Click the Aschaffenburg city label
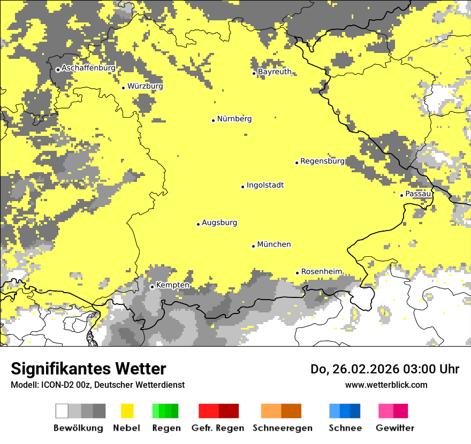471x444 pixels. coord(88,68)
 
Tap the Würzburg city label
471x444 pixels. coord(145,86)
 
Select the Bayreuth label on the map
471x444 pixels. coord(275,72)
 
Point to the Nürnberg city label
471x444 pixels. coord(234,119)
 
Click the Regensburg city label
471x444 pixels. coord(322,161)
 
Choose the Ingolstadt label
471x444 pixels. coord(265,186)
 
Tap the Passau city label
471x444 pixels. coord(418,194)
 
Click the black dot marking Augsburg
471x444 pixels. coord(198,224)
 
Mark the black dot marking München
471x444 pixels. coord(254,246)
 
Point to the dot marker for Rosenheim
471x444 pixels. coord(298,273)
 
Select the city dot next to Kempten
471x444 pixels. coord(152,287)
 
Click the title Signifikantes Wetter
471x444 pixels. coord(88,369)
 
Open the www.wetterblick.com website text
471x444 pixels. coord(386,385)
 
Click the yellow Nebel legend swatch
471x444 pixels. coord(127,411)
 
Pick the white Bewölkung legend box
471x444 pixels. coord(62,411)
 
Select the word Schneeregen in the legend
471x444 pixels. coord(282,428)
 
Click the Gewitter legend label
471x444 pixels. coord(394,428)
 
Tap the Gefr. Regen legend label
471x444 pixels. coord(217,428)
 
